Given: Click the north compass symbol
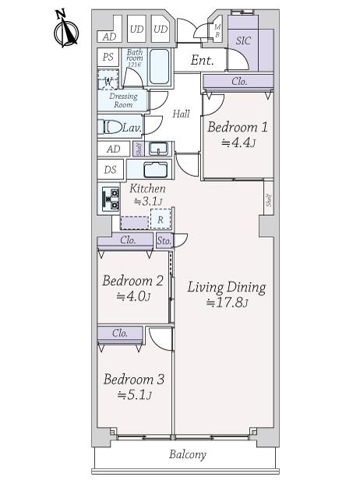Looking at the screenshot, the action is tap(65, 29).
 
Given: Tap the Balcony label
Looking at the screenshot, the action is tap(188, 454).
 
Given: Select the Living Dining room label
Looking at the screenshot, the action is tap(227, 288).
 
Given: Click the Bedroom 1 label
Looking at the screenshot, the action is tap(238, 127).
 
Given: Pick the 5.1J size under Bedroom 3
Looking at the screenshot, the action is tap(134, 395).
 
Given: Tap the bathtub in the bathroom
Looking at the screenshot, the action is tap(160, 66).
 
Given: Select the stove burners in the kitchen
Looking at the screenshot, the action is tap(109, 198).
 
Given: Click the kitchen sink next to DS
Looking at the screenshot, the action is tap(156, 170).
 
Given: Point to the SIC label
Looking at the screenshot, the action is tap(243, 41).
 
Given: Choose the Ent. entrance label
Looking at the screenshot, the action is tap(202, 60).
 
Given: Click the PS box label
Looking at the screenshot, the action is tap(108, 57).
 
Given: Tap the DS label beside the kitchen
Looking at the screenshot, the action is tap(110, 170).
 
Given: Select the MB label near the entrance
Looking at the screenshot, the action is tap(217, 31).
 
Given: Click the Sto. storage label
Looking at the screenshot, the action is tap(164, 241).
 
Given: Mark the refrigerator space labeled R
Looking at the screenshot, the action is tap(161, 219).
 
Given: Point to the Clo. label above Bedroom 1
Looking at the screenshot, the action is tap(239, 81).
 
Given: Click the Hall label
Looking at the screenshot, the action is tap(181, 114).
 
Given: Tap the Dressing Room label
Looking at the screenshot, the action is tap(123, 100).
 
